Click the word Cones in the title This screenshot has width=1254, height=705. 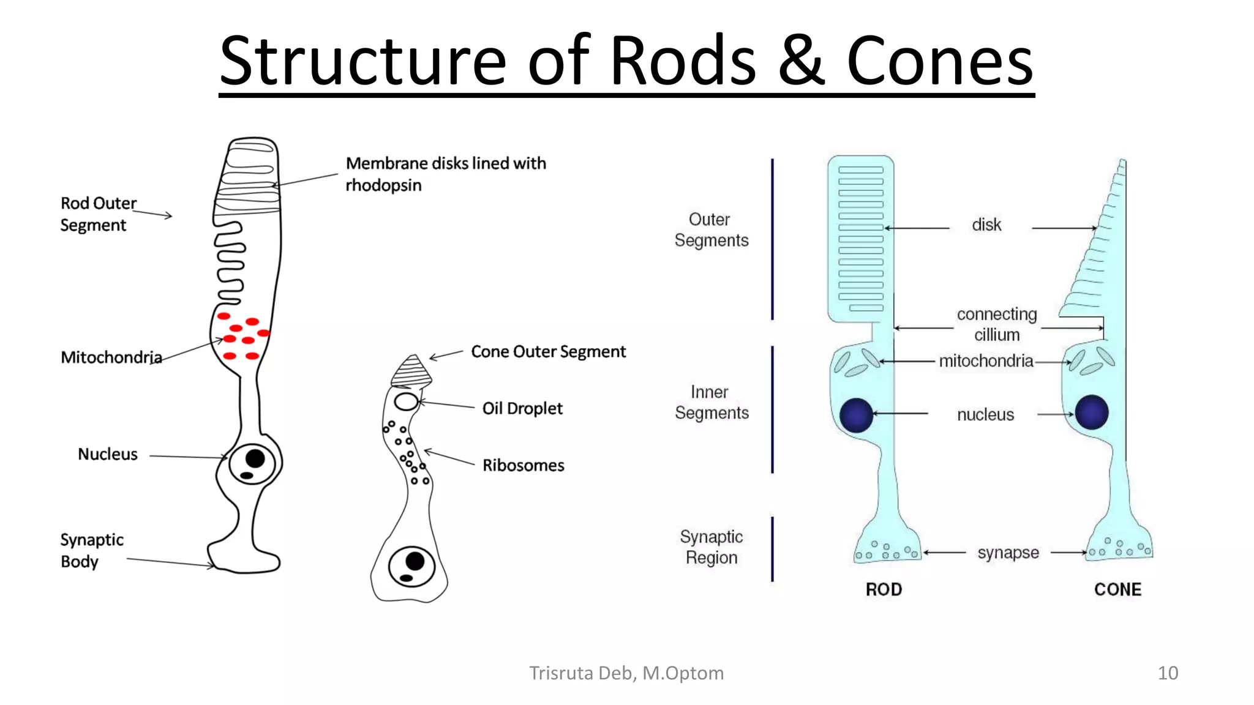click(x=940, y=61)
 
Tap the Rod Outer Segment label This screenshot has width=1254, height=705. click(x=97, y=214)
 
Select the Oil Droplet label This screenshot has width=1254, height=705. click(x=522, y=408)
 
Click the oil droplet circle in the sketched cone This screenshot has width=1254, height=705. click(x=406, y=402)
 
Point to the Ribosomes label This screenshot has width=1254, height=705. click(x=523, y=465)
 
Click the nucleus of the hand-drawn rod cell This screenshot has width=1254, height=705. click(x=252, y=461)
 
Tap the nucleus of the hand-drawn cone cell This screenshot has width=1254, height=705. click(x=412, y=565)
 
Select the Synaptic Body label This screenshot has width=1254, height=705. click(x=91, y=550)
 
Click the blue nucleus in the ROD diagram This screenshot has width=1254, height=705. click(x=856, y=415)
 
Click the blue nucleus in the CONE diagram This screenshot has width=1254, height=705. click(x=1091, y=412)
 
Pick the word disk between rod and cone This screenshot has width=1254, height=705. click(x=986, y=225)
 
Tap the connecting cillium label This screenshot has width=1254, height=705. click(x=997, y=324)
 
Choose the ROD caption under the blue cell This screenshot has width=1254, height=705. click(x=883, y=589)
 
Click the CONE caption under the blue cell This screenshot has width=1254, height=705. click(x=1117, y=589)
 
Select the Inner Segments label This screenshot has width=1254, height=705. click(x=711, y=402)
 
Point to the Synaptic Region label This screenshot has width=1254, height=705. click(x=711, y=547)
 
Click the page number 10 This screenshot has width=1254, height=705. click(x=1167, y=673)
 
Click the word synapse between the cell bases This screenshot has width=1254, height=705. click(x=1008, y=553)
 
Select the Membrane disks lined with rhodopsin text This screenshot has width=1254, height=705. click(x=445, y=174)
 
